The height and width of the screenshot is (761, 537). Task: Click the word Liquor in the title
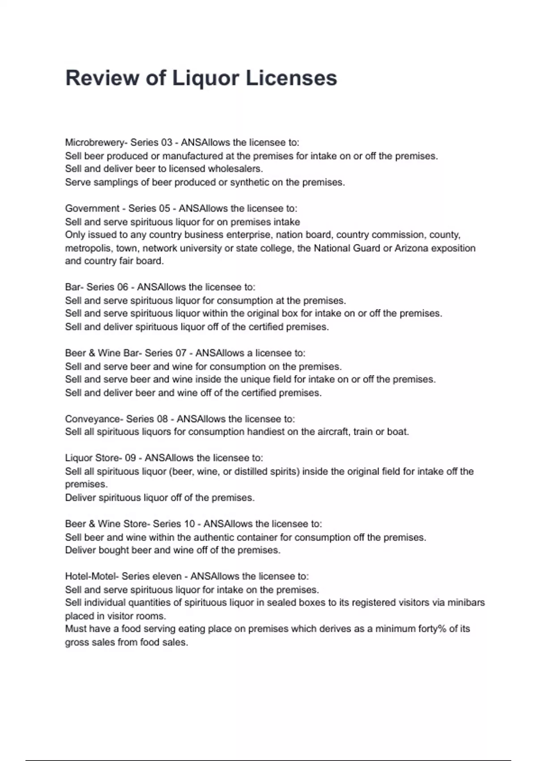(206, 78)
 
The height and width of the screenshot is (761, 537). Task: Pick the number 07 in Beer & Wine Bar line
(180, 353)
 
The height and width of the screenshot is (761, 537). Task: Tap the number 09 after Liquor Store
(130, 458)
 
